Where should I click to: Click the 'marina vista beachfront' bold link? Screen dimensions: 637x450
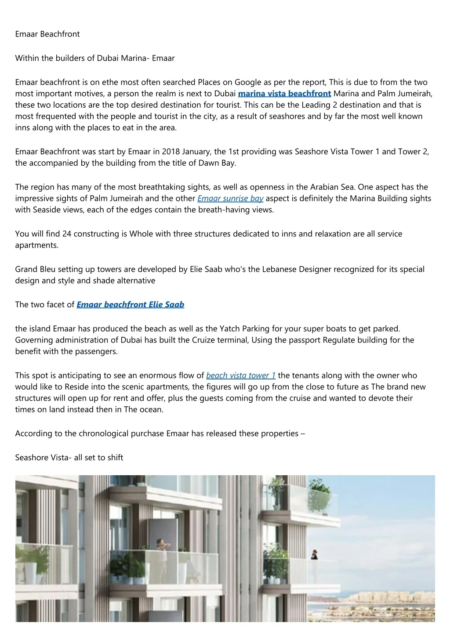coord(284,94)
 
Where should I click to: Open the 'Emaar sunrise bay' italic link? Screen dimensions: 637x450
coord(230,198)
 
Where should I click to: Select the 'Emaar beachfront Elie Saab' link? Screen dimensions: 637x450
coord(131,305)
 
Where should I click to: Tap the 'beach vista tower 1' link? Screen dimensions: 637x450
coord(241,375)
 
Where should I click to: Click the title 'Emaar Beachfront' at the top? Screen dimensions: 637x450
coord(47,34)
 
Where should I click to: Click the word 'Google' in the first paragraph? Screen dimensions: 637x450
coord(248,82)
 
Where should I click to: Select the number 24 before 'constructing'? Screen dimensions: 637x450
coord(67,234)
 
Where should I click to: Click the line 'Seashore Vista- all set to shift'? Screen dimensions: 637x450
coord(69,458)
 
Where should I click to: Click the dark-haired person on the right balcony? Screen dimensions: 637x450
coord(314,555)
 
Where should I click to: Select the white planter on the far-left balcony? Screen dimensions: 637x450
coord(31,574)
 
